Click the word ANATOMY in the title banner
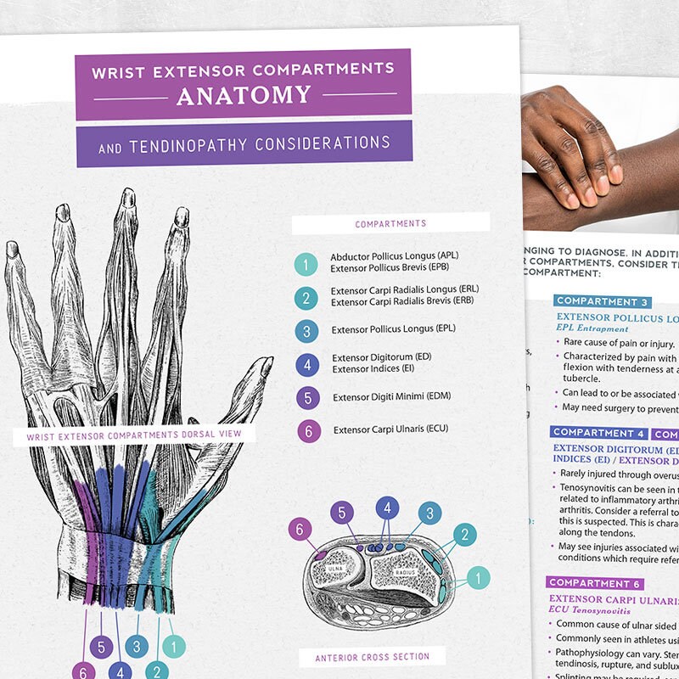tap(244, 95)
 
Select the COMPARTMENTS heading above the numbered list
tap(390, 224)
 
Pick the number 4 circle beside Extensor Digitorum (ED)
tap(306, 364)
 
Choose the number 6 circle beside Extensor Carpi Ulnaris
tap(309, 430)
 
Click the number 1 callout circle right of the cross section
tap(477, 578)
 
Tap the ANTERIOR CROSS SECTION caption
tap(373, 656)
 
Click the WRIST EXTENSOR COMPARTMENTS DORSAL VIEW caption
tap(134, 435)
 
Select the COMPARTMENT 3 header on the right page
tap(603, 301)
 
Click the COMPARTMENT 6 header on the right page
tap(595, 583)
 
